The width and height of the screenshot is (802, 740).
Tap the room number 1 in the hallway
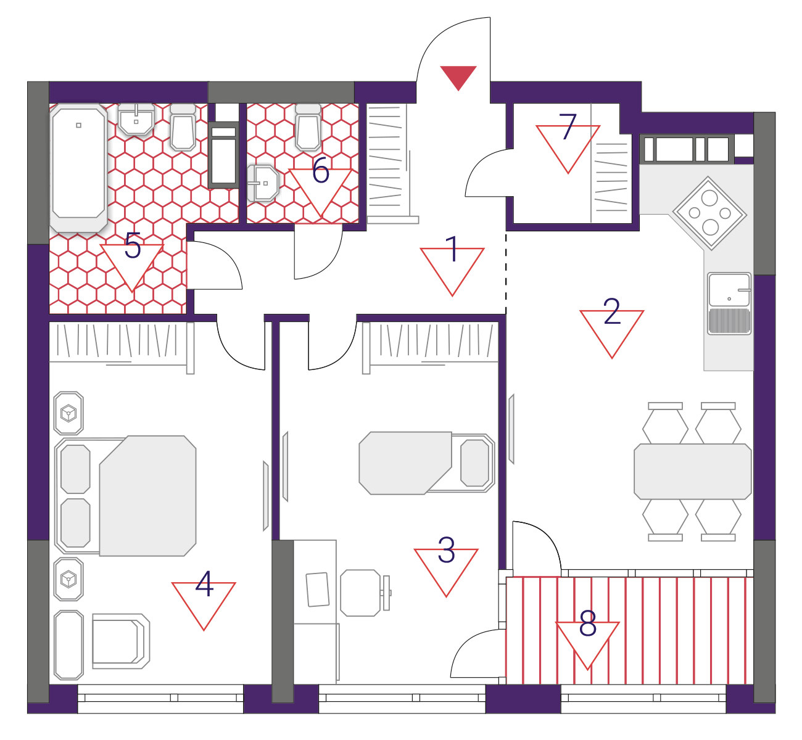(452, 249)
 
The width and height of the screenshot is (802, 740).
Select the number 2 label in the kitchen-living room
(612, 311)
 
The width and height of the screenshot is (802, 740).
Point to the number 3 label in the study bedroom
(446, 550)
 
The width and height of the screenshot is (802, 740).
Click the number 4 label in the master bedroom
(204, 583)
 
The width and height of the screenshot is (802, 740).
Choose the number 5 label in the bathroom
(133, 245)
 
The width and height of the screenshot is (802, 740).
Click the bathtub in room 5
(79, 167)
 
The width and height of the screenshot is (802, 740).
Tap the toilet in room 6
(308, 126)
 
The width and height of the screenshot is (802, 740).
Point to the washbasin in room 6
(262, 183)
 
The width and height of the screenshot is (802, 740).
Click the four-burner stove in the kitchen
(709, 213)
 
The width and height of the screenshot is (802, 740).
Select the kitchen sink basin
(729, 289)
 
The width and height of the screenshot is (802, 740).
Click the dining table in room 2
(693, 472)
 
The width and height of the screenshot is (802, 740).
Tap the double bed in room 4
(126, 496)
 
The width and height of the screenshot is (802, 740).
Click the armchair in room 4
(121, 641)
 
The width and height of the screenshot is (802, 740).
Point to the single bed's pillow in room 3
(475, 463)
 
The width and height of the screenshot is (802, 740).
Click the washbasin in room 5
(136, 118)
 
